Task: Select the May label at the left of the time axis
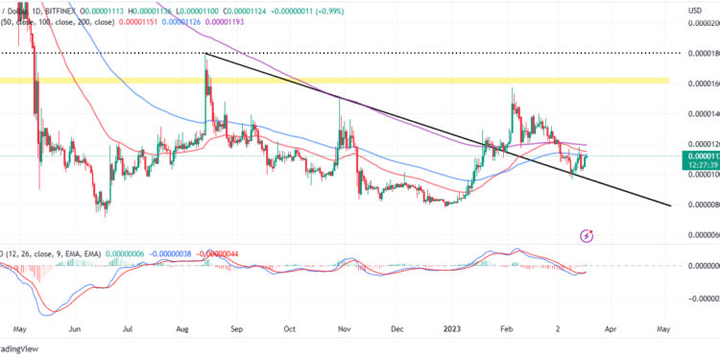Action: tap(19, 326)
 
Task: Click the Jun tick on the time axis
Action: tap(74, 326)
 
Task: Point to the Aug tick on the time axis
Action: tap(182, 326)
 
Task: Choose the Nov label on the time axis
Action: tap(344, 326)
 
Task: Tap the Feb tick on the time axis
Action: tap(507, 326)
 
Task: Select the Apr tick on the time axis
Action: tap(610, 326)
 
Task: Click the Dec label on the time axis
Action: tap(396, 326)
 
